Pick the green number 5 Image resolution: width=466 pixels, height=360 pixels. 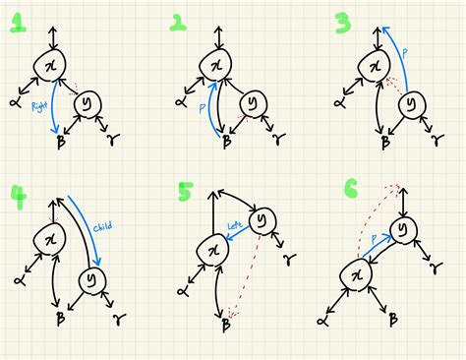[x=184, y=193]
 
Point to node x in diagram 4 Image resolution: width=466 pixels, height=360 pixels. [x=50, y=239]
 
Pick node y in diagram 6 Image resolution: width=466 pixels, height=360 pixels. [x=404, y=230]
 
